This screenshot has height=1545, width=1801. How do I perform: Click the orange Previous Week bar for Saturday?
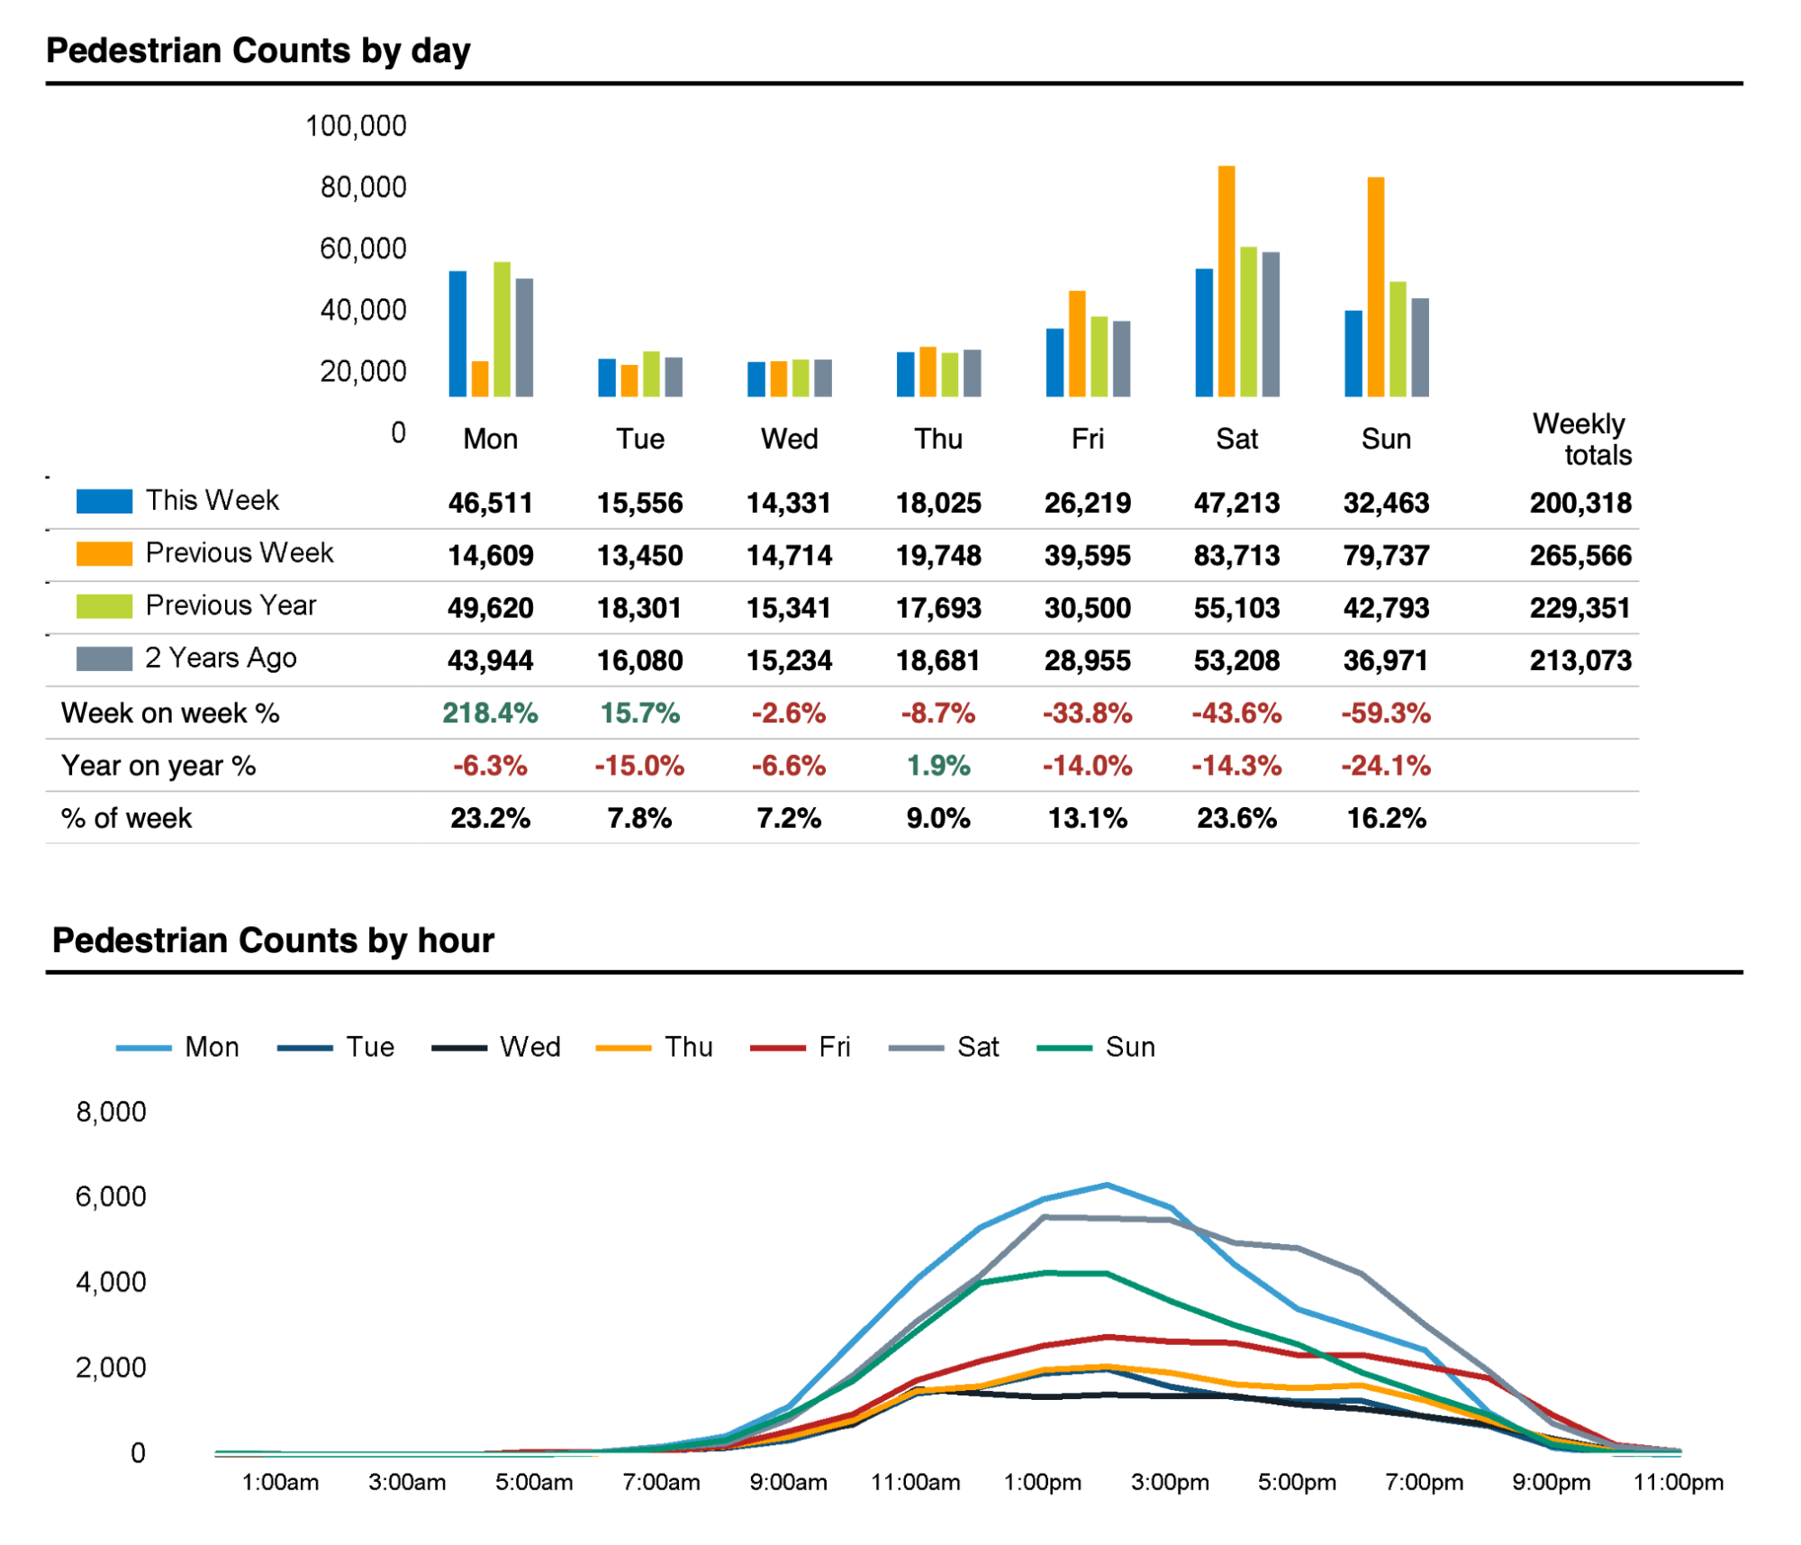(x=1226, y=281)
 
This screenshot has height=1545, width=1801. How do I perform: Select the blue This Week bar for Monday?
(x=457, y=333)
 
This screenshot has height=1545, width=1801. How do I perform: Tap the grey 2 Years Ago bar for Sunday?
(x=1419, y=347)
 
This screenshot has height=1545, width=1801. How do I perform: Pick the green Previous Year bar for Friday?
(x=1099, y=356)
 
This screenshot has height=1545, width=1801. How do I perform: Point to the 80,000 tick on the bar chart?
(x=363, y=187)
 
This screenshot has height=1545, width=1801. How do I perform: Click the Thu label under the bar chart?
(x=938, y=439)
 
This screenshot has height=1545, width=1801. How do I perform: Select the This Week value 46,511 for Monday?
(x=490, y=503)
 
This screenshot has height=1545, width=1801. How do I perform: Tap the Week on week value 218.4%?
(x=490, y=713)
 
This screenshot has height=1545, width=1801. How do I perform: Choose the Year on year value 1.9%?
(x=938, y=766)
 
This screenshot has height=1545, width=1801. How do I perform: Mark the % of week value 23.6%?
(x=1236, y=818)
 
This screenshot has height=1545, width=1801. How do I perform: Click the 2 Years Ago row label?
(x=221, y=659)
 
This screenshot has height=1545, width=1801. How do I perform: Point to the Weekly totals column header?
(x=1582, y=439)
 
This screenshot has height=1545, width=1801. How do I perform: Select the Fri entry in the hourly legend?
(x=834, y=1047)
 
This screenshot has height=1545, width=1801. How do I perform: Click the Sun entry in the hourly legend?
(x=1129, y=1047)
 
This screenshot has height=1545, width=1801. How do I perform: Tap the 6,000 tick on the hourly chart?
(x=111, y=1196)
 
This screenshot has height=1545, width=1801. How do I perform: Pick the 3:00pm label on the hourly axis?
(x=1170, y=1482)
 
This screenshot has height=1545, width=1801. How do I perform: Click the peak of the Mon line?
(x=1107, y=1185)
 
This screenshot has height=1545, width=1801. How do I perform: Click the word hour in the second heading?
(x=455, y=941)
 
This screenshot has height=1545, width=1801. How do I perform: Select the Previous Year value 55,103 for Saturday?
(x=1236, y=608)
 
